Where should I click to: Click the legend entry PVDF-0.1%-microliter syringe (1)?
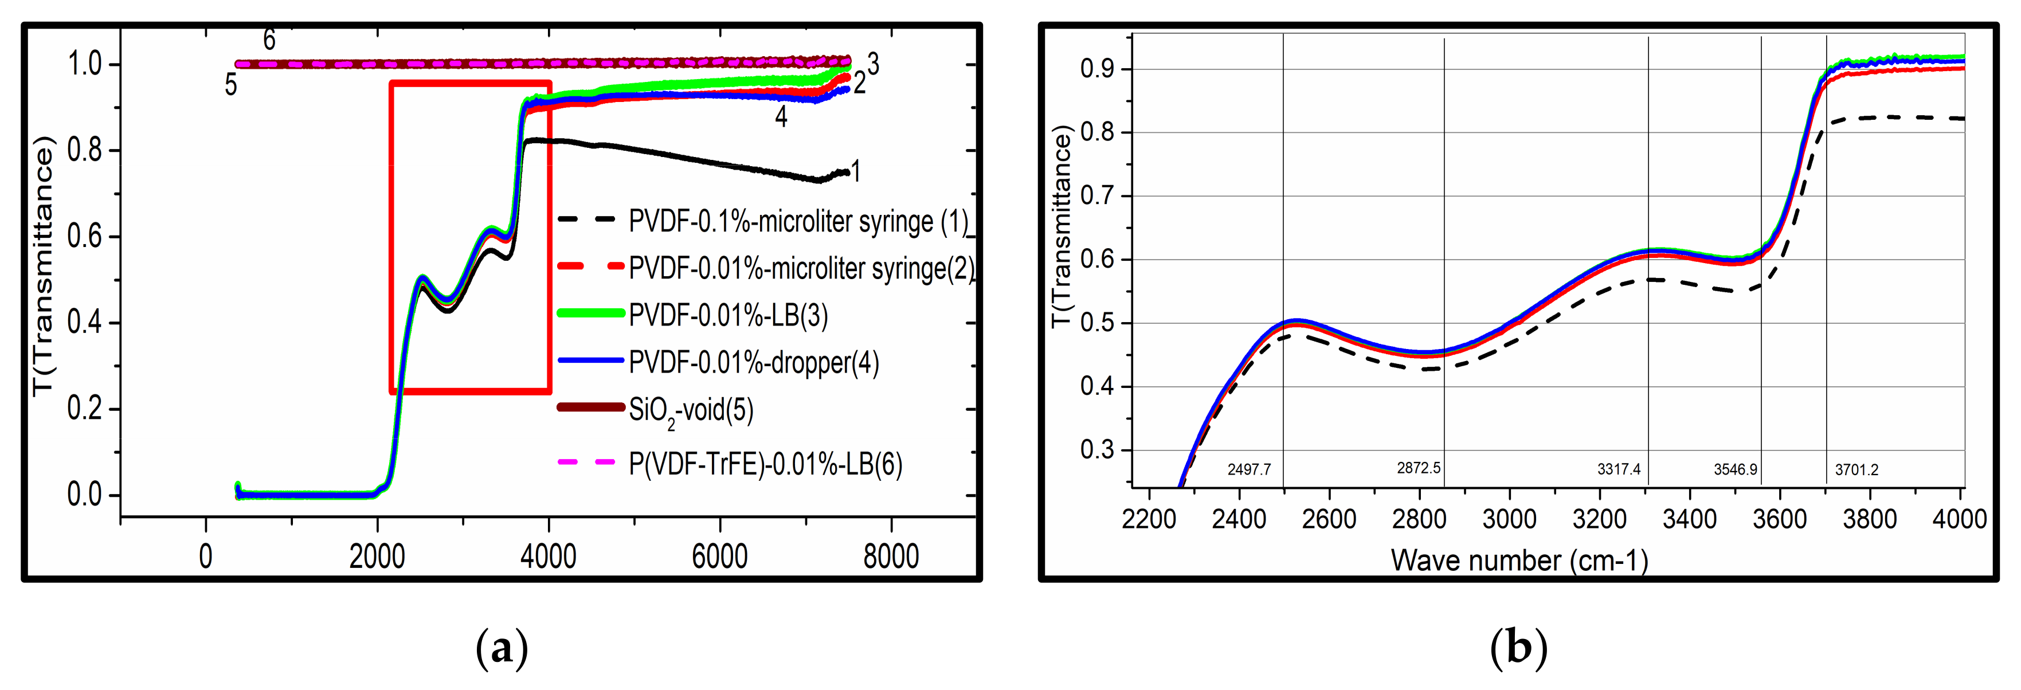click(798, 222)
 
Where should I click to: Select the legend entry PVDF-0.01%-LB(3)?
click(728, 315)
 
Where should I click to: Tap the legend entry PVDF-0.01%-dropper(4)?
click(753, 362)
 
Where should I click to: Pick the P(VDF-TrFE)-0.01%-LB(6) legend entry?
click(765, 464)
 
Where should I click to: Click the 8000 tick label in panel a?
click(891, 556)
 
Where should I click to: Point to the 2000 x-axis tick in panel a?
click(377, 556)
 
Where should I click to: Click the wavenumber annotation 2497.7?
click(1249, 470)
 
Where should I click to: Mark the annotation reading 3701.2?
click(1856, 470)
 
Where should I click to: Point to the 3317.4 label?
click(1619, 469)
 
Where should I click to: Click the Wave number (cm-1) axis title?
click(1519, 560)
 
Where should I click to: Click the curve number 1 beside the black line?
click(856, 171)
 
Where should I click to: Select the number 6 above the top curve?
click(269, 39)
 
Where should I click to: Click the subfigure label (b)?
click(1518, 648)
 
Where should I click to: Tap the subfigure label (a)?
click(502, 648)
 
